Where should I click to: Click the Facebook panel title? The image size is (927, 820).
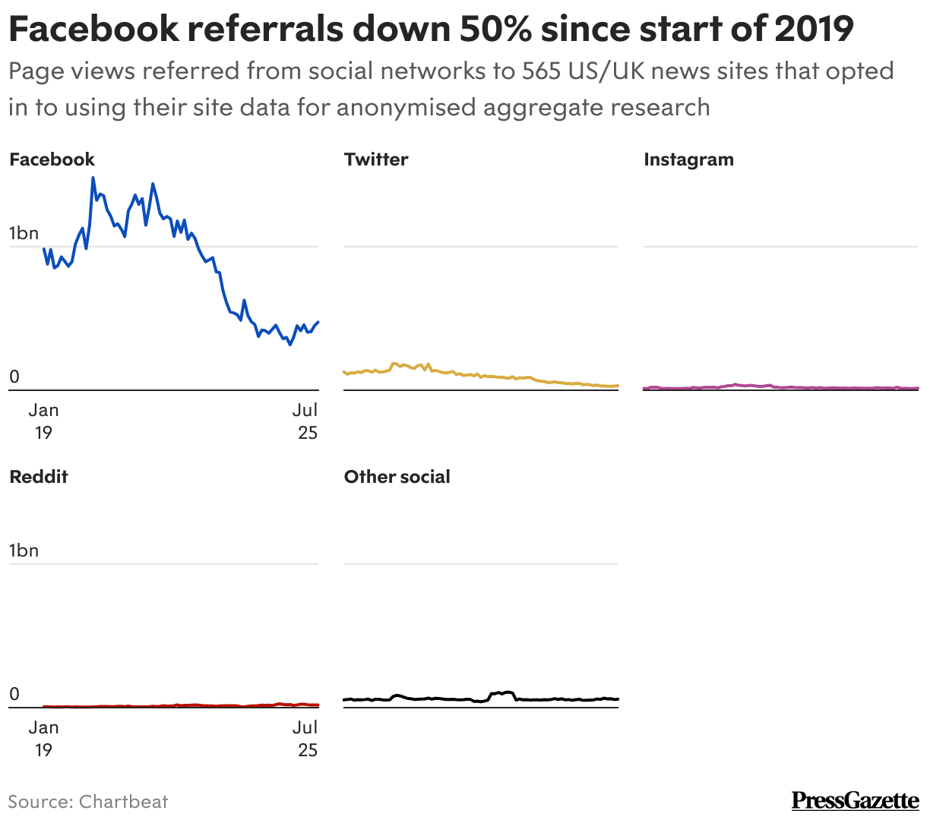[52, 159]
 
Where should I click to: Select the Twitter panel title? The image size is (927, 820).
[376, 159]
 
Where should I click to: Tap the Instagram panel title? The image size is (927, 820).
[688, 159]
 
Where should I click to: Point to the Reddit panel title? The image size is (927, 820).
[39, 477]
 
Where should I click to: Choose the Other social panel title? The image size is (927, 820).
[397, 477]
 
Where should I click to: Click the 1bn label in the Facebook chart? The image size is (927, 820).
[24, 233]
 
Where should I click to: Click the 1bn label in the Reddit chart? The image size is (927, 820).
[24, 550]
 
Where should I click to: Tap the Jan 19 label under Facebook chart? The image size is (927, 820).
[43, 421]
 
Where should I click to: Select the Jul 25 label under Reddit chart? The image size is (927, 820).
[305, 739]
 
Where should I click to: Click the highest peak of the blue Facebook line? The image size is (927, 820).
[93, 178]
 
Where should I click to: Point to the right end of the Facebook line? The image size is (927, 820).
[318, 322]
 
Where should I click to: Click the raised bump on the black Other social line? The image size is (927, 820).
[503, 692]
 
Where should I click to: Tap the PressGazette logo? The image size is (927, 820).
[855, 800]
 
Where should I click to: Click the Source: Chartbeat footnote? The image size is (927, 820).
[88, 802]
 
